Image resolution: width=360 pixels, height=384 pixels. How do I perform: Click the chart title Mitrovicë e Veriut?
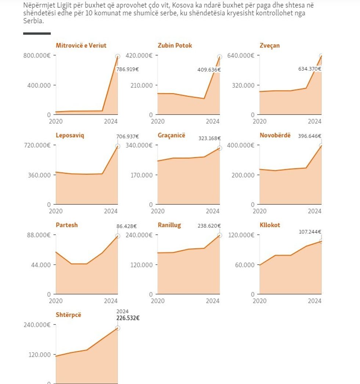click(81, 46)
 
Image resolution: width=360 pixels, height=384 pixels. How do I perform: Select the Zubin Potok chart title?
click(175, 46)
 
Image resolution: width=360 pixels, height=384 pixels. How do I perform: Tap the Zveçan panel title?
click(270, 46)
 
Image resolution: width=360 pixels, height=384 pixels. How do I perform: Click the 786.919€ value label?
click(127, 69)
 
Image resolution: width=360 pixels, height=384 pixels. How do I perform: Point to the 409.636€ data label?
click(209, 70)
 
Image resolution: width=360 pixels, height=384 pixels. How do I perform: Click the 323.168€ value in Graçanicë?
click(209, 138)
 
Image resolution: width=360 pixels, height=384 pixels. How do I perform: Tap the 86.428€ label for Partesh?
click(127, 226)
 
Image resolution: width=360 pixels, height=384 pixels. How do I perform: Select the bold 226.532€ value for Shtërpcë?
click(128, 318)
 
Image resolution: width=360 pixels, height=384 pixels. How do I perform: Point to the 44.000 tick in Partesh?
click(42, 265)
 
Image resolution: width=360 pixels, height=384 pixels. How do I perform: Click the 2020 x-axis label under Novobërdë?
click(260, 211)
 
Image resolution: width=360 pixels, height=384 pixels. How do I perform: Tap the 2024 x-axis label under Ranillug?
click(212, 301)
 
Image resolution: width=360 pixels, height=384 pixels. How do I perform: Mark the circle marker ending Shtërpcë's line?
click(118, 328)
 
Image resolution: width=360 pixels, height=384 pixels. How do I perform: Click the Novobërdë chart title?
click(275, 135)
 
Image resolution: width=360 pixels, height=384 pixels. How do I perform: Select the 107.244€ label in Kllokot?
click(310, 232)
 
